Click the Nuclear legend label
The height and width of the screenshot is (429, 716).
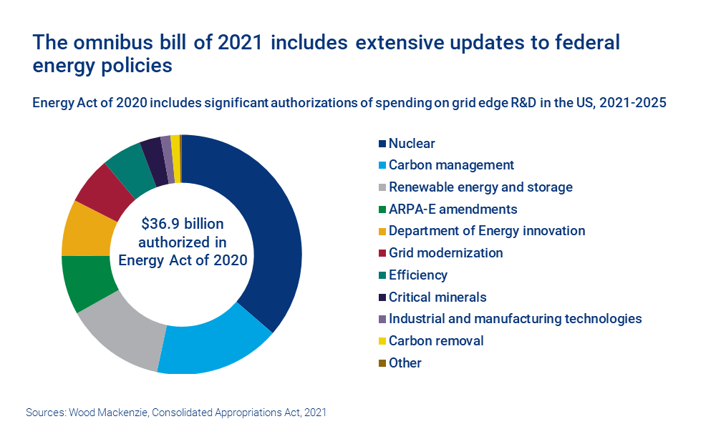(412, 144)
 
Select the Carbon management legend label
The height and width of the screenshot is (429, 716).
(451, 165)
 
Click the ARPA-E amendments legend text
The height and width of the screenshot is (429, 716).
(453, 209)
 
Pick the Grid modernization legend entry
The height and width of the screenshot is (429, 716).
(445, 253)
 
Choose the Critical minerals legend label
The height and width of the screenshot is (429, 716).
(437, 297)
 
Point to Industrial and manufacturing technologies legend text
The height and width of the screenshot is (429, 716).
(515, 319)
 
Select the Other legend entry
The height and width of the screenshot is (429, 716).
(405, 363)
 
